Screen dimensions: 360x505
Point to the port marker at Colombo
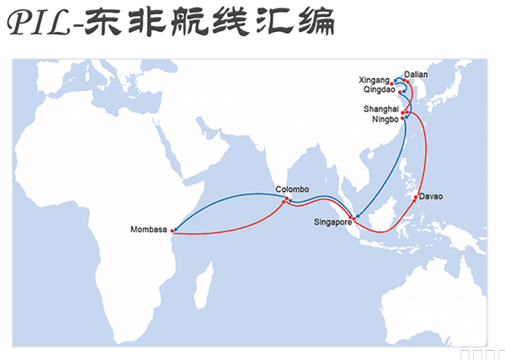286,199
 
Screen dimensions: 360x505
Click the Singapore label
331,223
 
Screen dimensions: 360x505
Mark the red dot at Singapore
354,219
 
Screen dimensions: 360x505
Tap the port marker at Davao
417,198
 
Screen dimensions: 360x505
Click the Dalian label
416,74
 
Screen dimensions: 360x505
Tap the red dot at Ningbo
403,119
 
